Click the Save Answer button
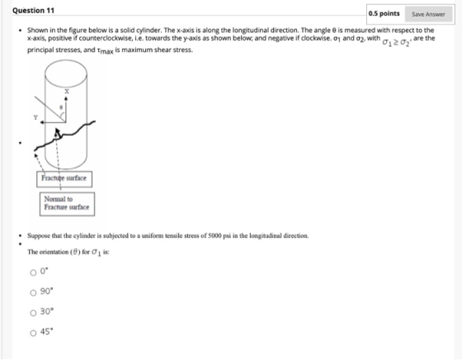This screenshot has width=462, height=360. click(x=428, y=14)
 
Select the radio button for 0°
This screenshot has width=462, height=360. click(x=33, y=272)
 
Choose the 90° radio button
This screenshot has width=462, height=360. click(x=33, y=292)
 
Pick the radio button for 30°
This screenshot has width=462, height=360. click(x=33, y=313)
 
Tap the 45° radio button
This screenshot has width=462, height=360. click(x=33, y=333)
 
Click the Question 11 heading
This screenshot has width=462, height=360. click(x=33, y=11)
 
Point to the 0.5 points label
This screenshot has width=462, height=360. click(x=384, y=14)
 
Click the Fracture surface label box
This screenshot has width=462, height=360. click(x=64, y=179)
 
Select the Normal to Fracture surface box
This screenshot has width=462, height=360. click(x=67, y=204)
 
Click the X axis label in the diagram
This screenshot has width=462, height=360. click(x=67, y=92)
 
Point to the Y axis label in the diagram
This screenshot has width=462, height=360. click(x=35, y=117)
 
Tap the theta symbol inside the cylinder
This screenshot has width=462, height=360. click(x=61, y=107)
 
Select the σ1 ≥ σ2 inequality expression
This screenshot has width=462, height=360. click(x=396, y=42)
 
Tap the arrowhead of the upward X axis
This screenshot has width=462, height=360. click(x=66, y=99)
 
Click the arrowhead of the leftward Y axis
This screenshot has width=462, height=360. click(x=42, y=122)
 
